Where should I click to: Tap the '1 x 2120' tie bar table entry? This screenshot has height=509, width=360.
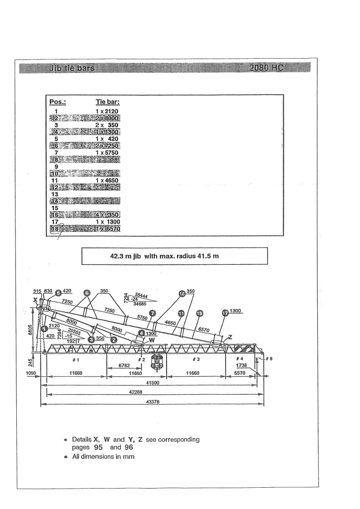[x=107, y=111]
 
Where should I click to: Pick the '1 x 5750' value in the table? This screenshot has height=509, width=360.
[x=107, y=153]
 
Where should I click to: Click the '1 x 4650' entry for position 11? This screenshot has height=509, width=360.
[x=107, y=180]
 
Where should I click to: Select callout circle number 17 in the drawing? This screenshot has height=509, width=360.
[x=225, y=313]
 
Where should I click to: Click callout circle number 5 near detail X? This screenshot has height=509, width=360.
[x=58, y=293]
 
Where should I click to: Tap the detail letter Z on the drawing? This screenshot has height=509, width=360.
[x=231, y=337]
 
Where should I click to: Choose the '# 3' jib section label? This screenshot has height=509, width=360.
[x=196, y=359]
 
